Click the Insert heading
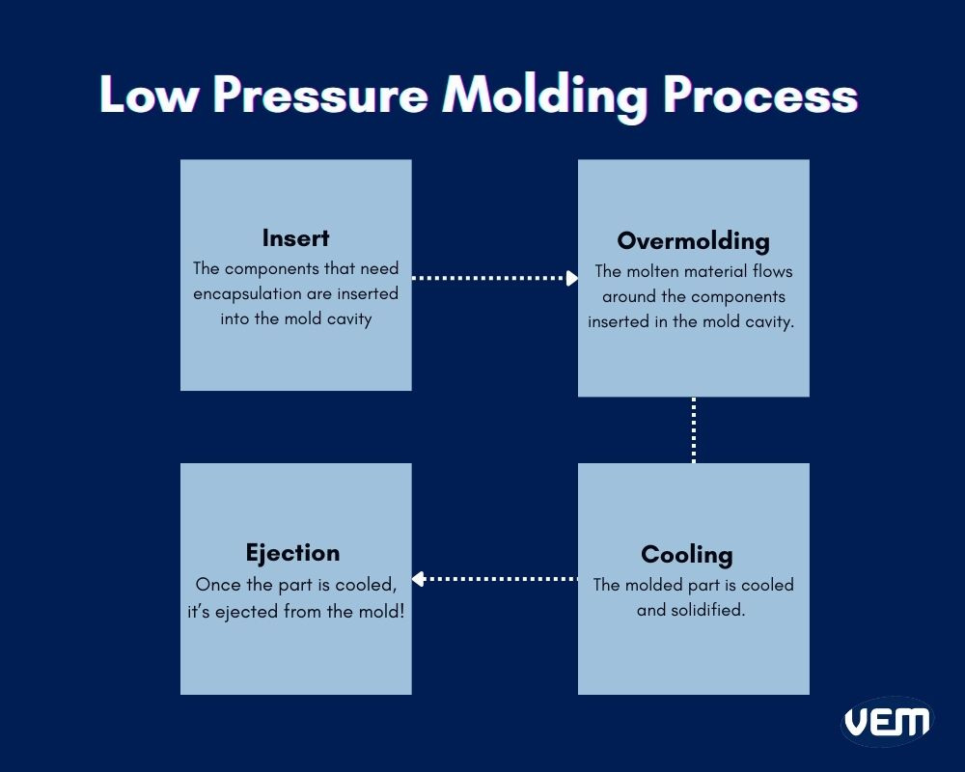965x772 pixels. click(295, 238)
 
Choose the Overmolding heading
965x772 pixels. click(693, 240)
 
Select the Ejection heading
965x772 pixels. click(292, 553)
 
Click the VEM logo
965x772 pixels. click(887, 721)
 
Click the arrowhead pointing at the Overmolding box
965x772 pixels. click(571, 278)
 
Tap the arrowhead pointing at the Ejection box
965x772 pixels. click(419, 579)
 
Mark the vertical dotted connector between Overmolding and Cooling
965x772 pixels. click(693, 429)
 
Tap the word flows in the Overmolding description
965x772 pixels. click(770, 272)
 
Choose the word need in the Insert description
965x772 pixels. click(379, 268)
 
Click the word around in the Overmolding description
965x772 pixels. click(629, 297)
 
